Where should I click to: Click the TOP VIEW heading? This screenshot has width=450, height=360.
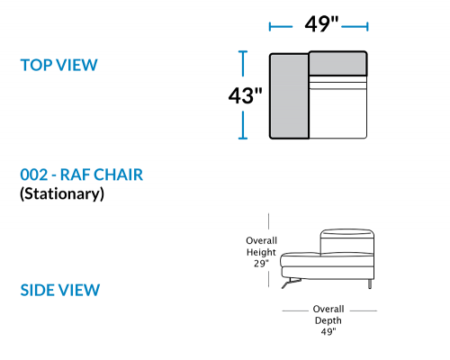coord(58,65)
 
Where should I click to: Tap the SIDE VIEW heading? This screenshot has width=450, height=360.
coord(60,290)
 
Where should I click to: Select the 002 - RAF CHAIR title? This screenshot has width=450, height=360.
coord(81,175)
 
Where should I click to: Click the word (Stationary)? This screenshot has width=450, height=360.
coord(62,193)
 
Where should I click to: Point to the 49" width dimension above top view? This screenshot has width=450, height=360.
coord(321,24)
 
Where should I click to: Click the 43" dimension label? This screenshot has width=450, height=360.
coord(245,95)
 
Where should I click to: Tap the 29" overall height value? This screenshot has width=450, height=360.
coord(261,264)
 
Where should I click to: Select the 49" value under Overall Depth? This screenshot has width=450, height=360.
coord(328,331)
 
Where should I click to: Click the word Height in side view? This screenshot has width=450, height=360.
coord(261,252)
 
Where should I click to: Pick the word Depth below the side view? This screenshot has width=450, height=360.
coord(328,320)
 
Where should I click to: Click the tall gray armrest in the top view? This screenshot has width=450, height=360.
coord(289,96)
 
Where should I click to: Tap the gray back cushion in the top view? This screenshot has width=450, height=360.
coord(337,63)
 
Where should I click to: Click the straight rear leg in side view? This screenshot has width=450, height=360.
coord(370,284)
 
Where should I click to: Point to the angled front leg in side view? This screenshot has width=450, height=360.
coord(291,283)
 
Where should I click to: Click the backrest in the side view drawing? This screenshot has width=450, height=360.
coord(347,242)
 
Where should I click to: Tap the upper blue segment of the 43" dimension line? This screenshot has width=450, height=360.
coord(243,63)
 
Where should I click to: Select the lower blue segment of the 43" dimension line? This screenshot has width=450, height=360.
coord(243,125)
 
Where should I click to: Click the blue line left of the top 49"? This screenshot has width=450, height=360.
coord(281,27)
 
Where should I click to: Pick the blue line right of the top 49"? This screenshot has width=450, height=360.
coord(355,27)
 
